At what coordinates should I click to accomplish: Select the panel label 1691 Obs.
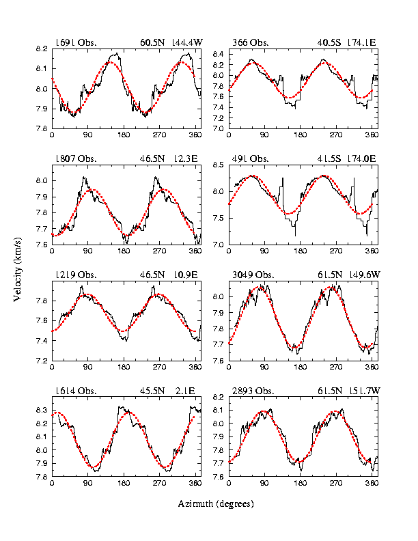(76, 42)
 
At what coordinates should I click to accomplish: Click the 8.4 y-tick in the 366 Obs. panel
(218, 53)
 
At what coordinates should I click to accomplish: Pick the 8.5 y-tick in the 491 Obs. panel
(218, 165)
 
